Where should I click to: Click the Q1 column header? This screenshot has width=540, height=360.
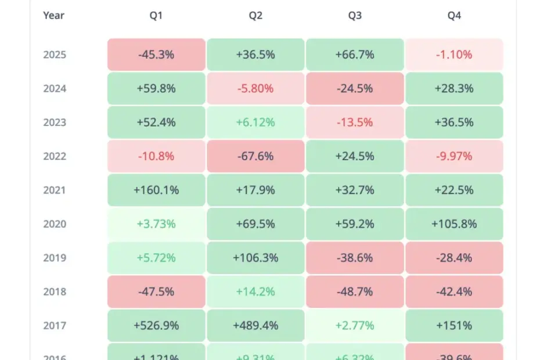pos(156,16)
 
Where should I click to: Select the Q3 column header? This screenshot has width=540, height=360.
pos(355,16)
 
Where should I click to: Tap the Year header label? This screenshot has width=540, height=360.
pos(53,16)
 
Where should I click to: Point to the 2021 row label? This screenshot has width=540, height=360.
pos(55,190)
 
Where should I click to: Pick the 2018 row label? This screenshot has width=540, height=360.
pos(55,291)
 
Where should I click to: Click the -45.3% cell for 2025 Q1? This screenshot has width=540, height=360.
pos(156,55)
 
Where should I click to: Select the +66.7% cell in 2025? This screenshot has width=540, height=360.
pos(355,55)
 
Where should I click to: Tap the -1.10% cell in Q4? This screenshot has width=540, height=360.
pos(454,55)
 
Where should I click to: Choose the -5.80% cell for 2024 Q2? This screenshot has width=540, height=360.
pos(255,88)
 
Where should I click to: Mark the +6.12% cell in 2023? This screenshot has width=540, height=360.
pos(255,123)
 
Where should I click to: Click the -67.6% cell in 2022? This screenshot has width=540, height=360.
pos(255,156)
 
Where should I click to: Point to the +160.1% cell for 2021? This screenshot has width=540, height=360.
pos(156,190)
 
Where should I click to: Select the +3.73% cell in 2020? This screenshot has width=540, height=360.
pos(156,224)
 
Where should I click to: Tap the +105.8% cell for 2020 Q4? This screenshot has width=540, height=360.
pos(454,224)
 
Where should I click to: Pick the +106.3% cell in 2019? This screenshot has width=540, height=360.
pos(255,258)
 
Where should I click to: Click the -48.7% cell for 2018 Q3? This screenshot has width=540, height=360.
pos(355,291)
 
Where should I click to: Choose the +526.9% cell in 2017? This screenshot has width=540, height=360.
pos(156,325)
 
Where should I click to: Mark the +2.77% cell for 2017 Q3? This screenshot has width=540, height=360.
pos(355,325)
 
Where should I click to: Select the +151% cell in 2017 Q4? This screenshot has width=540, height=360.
pos(454,325)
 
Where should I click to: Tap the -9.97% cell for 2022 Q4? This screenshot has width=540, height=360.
pos(454,156)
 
